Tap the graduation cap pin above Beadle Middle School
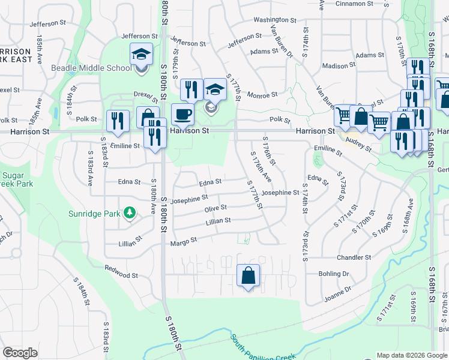141,55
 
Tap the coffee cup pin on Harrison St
182,114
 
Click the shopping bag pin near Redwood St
248,276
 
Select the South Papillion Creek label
263,348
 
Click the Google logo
20,353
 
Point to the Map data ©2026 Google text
411,355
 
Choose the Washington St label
275,20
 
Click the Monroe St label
262,95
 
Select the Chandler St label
354,257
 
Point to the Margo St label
184,241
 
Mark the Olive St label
215,208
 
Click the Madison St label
335,67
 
